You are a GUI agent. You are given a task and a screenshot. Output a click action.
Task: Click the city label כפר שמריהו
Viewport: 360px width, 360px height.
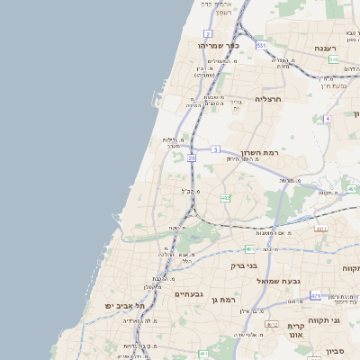[x=220, y=45]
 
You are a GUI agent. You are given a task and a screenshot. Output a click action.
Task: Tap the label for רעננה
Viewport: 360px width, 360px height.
[x=325, y=48]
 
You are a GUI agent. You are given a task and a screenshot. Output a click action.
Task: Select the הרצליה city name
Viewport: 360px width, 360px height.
[x=268, y=99]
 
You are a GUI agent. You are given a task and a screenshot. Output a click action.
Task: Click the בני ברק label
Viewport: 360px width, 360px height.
[x=244, y=265]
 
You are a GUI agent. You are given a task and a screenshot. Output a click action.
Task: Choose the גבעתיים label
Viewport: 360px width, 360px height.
[x=189, y=294]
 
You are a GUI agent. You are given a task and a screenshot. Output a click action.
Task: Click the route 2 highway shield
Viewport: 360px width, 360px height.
[x=208, y=33]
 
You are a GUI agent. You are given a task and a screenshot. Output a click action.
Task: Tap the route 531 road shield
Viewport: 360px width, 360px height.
[x=260, y=44]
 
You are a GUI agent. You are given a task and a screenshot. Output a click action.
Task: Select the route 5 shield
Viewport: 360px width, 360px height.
[x=216, y=148]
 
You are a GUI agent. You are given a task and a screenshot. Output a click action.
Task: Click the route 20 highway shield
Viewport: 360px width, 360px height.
[x=192, y=157]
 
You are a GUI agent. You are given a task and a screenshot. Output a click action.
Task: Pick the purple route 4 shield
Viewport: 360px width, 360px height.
[x=328, y=118]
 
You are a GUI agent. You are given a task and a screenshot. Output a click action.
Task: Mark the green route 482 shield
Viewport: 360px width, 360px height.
[x=225, y=197]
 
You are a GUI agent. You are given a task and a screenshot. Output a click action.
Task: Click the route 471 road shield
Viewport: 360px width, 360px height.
[x=315, y=295]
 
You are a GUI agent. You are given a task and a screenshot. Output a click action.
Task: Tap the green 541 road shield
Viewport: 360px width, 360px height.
[x=333, y=59]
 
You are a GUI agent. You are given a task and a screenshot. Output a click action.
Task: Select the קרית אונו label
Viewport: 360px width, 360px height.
[x=296, y=331]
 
